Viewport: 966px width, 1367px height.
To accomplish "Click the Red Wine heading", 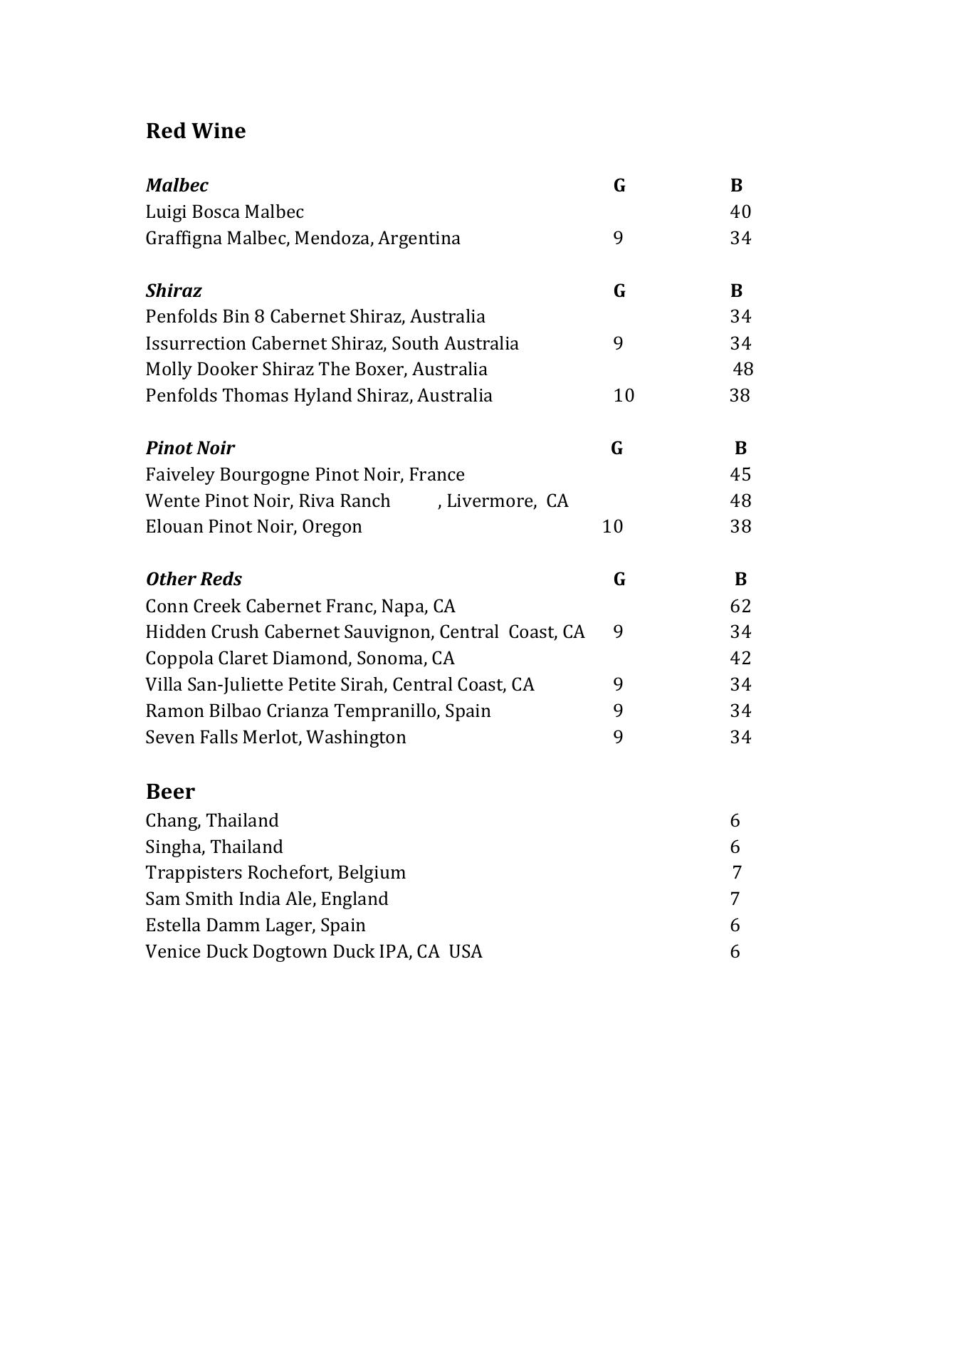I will point(195,131).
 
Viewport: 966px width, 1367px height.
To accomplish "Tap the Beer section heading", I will point(170,792).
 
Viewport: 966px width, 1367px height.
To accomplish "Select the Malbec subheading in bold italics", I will point(177,186).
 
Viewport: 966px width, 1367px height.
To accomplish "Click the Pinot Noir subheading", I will point(190,449).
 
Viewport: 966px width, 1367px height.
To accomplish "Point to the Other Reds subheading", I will point(194,580).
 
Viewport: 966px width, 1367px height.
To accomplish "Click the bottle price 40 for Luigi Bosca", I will point(740,212).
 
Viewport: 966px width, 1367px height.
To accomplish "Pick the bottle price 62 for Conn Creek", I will point(740,607).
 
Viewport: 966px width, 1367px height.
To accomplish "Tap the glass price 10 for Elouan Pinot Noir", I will point(612,527).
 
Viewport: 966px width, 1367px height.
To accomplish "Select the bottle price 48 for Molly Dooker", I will point(743,370).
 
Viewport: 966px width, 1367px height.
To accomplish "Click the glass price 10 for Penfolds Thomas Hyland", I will point(624,396).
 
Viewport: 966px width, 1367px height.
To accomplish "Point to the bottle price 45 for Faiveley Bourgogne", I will point(740,475).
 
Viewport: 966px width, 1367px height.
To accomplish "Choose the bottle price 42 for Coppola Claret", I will point(740,659).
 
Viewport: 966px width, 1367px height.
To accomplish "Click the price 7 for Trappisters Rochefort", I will point(737,873).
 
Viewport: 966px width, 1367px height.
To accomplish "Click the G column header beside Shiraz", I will point(619,291).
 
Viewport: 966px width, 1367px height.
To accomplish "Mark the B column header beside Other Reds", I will point(740,580).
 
